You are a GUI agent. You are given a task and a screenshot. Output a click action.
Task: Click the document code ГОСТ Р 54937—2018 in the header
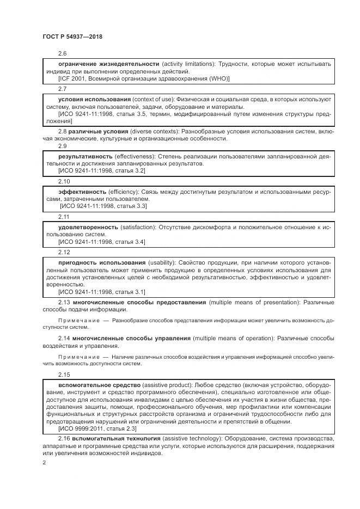(72, 36)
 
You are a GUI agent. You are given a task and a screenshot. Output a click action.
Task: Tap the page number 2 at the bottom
(44, 463)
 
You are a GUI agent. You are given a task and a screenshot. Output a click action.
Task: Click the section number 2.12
(64, 252)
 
